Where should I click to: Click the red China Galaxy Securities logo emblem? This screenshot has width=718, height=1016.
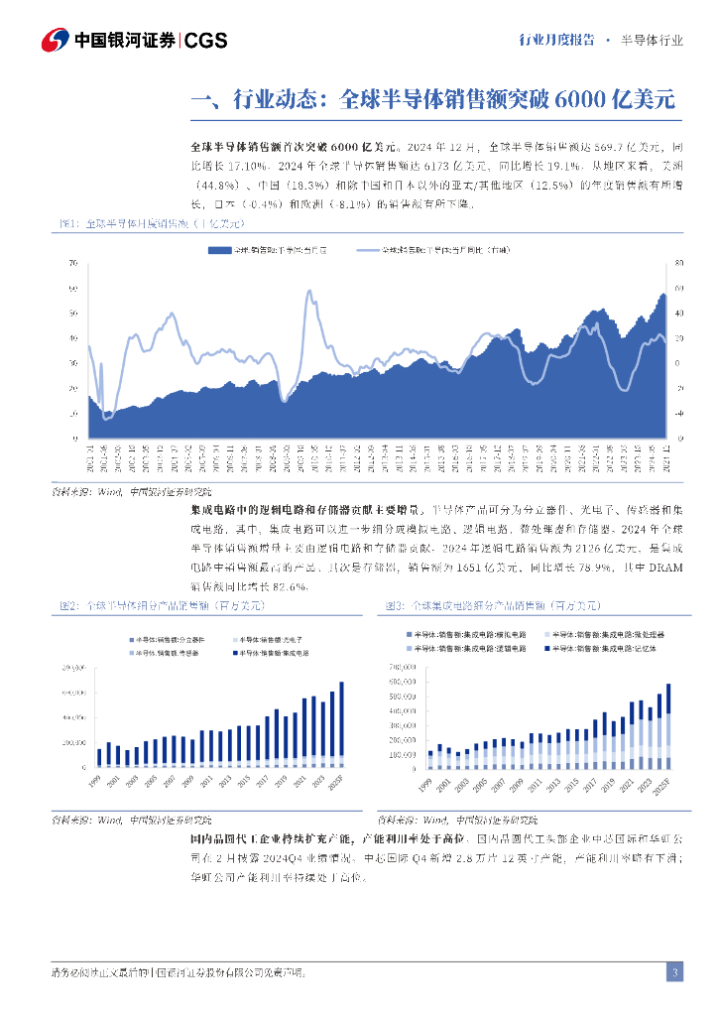pyautogui.click(x=55, y=41)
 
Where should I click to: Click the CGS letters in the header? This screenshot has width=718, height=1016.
pyautogui.click(x=206, y=41)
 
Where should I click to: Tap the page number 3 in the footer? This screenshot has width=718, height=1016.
pyautogui.click(x=673, y=971)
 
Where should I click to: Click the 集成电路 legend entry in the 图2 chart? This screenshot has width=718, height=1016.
pyautogui.click(x=266, y=654)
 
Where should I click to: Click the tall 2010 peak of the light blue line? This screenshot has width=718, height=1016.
pyautogui.click(x=309, y=292)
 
